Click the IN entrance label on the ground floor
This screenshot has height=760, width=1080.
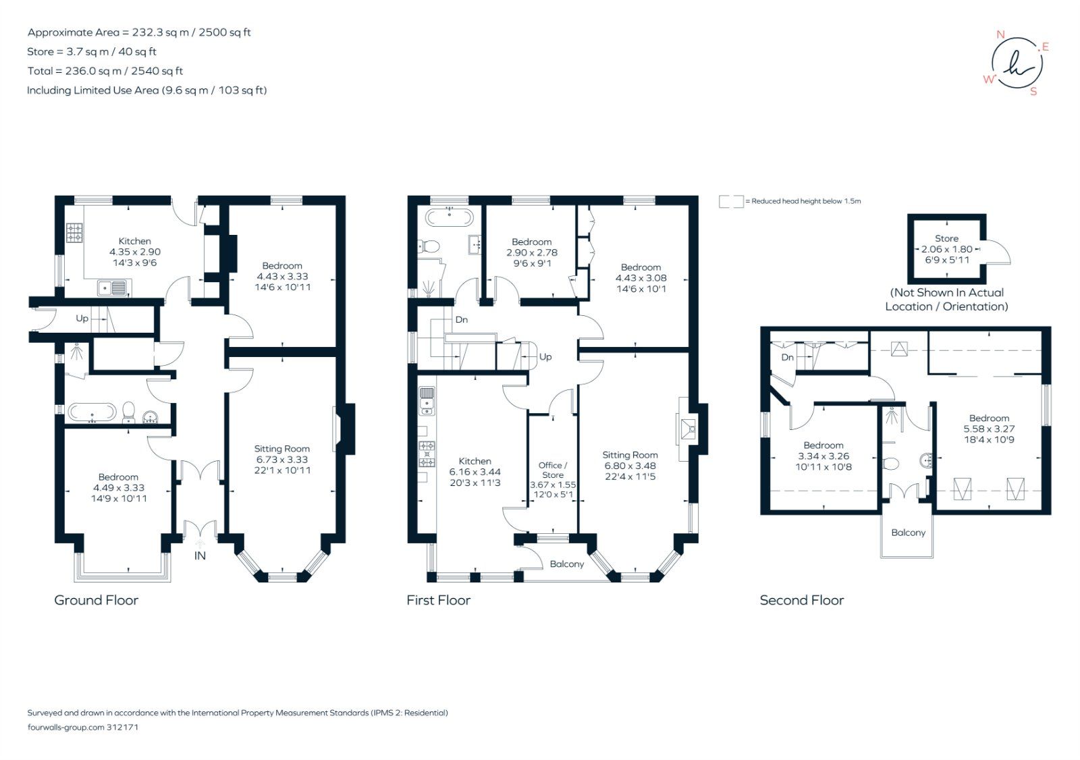[200, 555]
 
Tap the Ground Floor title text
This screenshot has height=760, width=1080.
[96, 600]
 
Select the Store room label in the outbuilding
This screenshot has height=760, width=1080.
[946, 238]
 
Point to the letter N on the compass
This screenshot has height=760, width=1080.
[1000, 34]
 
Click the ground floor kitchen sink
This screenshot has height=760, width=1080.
[112, 288]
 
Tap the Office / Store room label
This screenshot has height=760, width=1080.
[553, 470]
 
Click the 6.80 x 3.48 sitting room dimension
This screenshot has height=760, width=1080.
[630, 466]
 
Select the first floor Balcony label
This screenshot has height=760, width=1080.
[566, 564]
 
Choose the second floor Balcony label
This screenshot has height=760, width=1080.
[908, 533]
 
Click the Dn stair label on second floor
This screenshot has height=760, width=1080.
[788, 357]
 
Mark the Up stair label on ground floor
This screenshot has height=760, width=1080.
[82, 319]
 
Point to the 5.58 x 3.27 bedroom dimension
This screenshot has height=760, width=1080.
[989, 429]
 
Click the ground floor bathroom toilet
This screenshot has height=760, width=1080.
[129, 411]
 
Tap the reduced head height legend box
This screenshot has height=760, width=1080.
[731, 201]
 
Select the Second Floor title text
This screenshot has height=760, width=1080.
[801, 600]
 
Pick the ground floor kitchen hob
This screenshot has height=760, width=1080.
[74, 234]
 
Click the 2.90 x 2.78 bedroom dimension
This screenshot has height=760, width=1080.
[532, 252]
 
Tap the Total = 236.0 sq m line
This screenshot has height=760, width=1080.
[105, 71]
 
